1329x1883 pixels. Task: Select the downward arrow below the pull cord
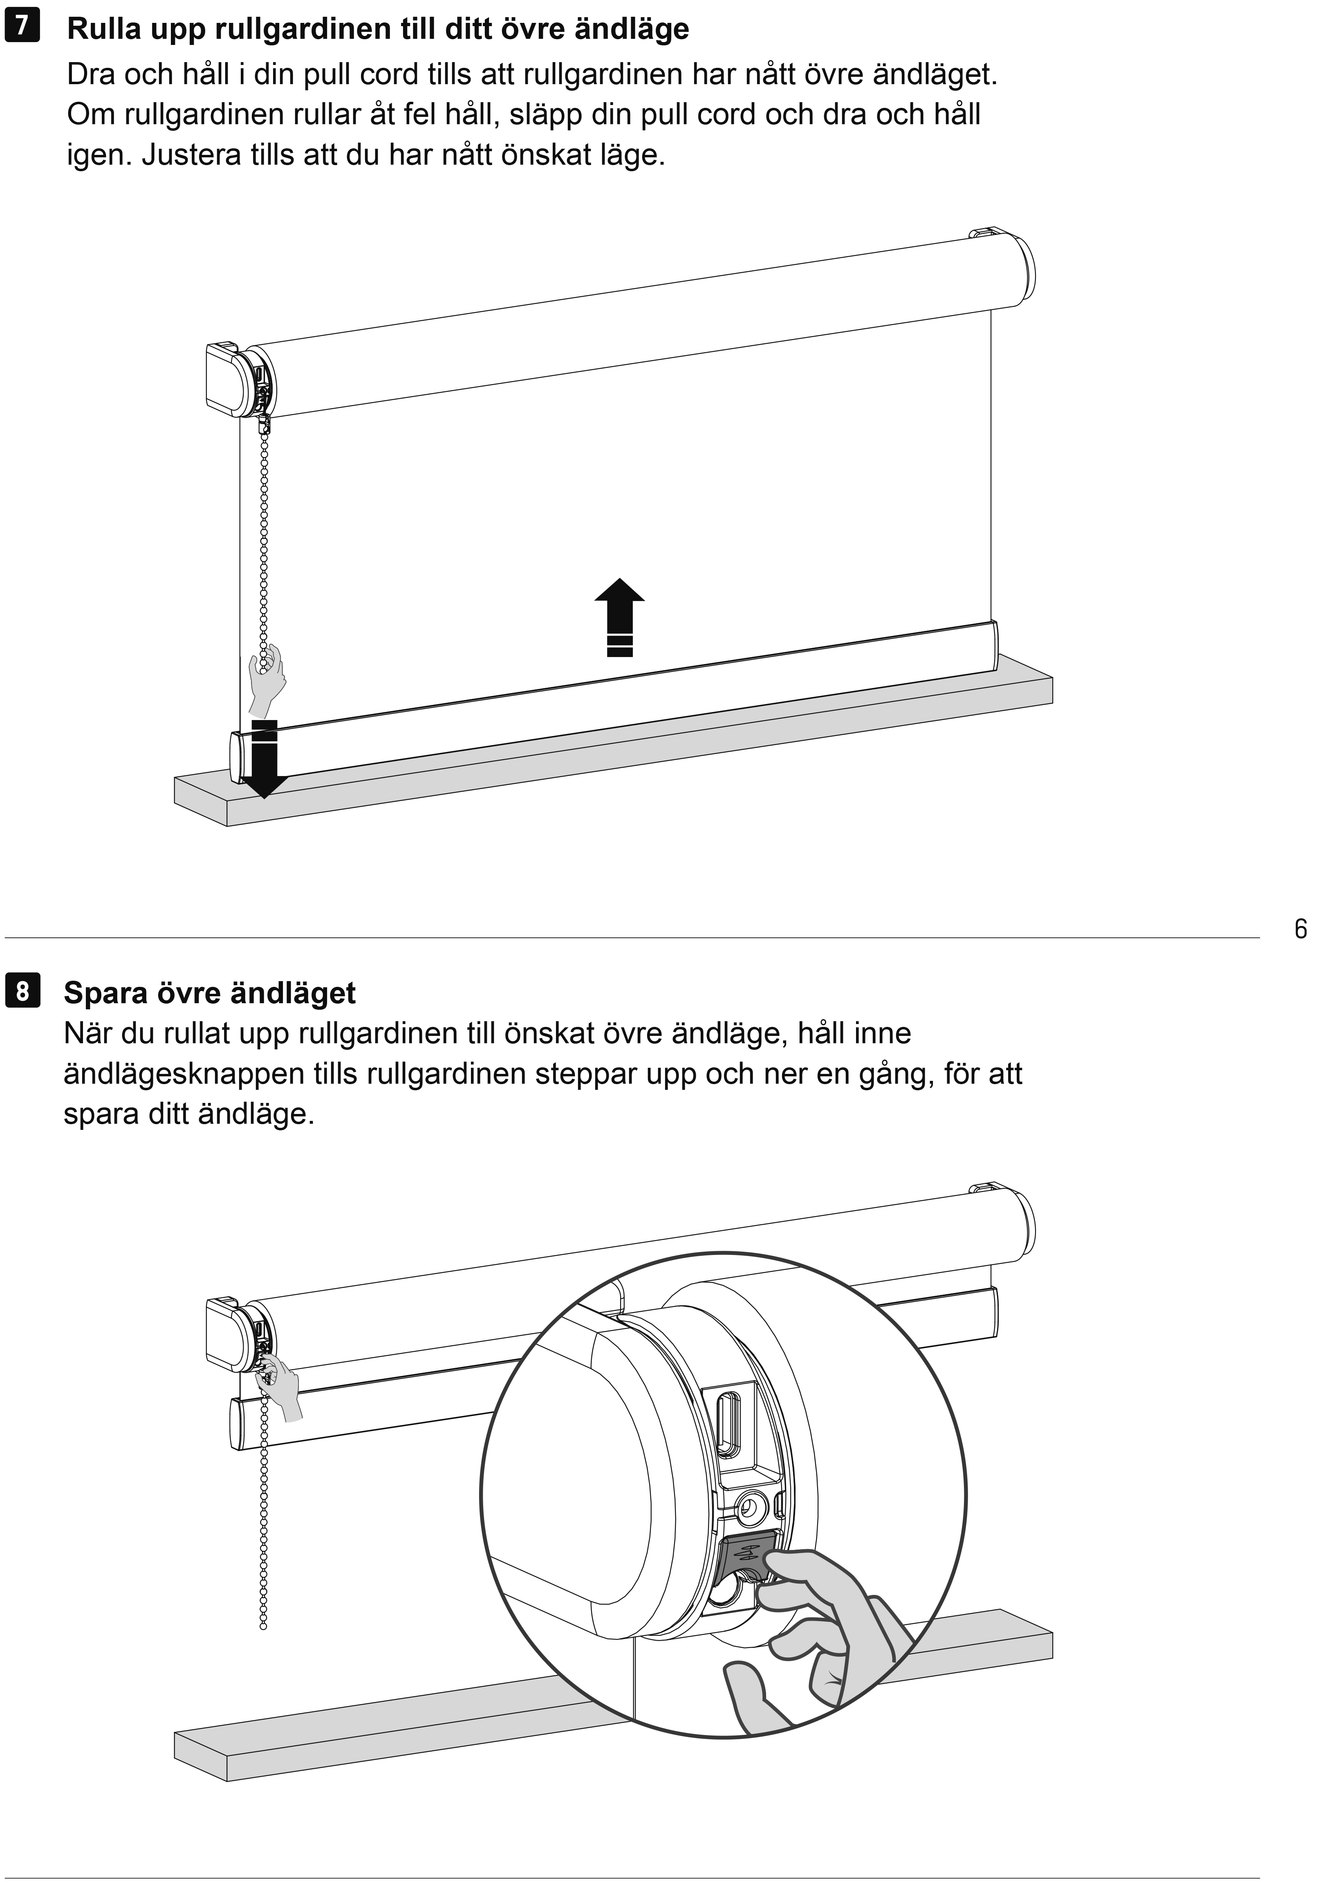264,758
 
